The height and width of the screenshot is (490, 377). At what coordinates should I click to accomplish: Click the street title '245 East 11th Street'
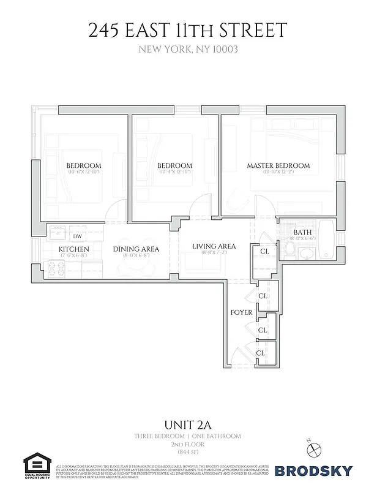coord(188,31)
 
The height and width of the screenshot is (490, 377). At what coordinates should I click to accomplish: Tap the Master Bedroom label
coord(278,166)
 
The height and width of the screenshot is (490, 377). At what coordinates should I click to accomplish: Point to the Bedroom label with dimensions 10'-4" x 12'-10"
coord(174,166)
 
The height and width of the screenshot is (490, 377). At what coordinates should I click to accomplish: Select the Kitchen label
coord(74,249)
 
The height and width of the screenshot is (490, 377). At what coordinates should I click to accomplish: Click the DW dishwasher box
coord(78,236)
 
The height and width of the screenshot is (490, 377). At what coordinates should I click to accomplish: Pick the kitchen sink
coord(58,233)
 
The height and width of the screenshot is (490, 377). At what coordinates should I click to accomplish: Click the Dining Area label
coord(136,249)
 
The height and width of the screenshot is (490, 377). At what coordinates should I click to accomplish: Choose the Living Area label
coord(211,247)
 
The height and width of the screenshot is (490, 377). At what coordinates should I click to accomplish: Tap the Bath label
coord(302,233)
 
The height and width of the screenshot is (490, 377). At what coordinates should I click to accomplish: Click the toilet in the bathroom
coord(291,249)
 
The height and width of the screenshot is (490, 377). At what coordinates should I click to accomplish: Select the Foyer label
coord(242,312)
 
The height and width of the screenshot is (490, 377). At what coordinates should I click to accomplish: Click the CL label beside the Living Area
coord(264,251)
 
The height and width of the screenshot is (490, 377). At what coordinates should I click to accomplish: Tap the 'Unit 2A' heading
coord(188,424)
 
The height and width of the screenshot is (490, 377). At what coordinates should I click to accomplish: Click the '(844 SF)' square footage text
coord(188,451)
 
